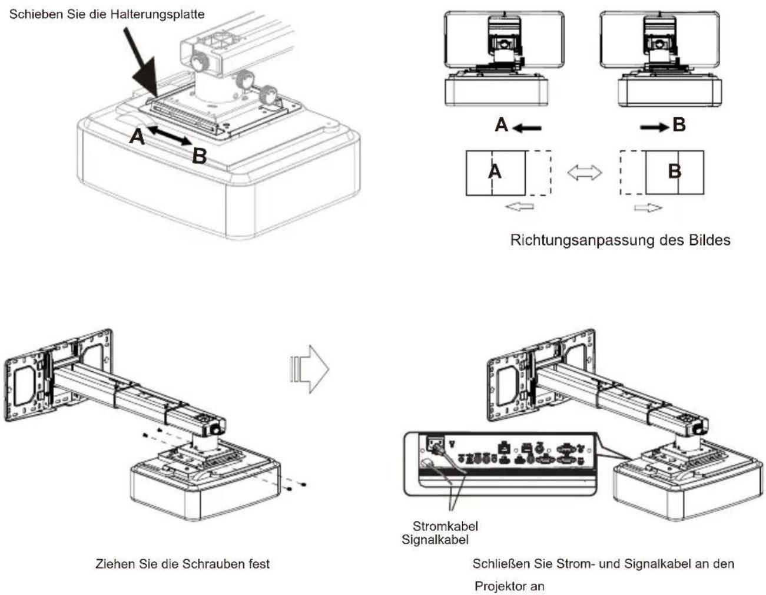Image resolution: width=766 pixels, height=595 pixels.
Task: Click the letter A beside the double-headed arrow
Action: coord(137,137)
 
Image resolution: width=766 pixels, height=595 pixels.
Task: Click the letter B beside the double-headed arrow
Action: coord(199,156)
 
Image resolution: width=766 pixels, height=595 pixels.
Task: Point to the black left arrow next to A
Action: coord(526,128)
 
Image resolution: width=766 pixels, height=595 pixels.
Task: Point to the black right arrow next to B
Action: coord(655,127)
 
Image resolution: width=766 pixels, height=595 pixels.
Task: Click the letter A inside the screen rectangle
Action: coord(495,172)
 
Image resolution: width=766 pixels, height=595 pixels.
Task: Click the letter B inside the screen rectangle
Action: coord(674,172)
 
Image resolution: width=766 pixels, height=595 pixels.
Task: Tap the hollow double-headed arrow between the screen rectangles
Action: coord(585,173)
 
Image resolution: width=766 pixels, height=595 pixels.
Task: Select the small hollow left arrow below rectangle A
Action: coord(519,207)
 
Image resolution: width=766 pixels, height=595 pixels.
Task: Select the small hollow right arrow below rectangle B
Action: coord(648,208)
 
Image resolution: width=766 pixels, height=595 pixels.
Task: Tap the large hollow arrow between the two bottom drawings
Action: coord(309,369)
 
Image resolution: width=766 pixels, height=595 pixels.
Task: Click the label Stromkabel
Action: coord(445,526)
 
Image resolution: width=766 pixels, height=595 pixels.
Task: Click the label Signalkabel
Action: coord(435,540)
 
